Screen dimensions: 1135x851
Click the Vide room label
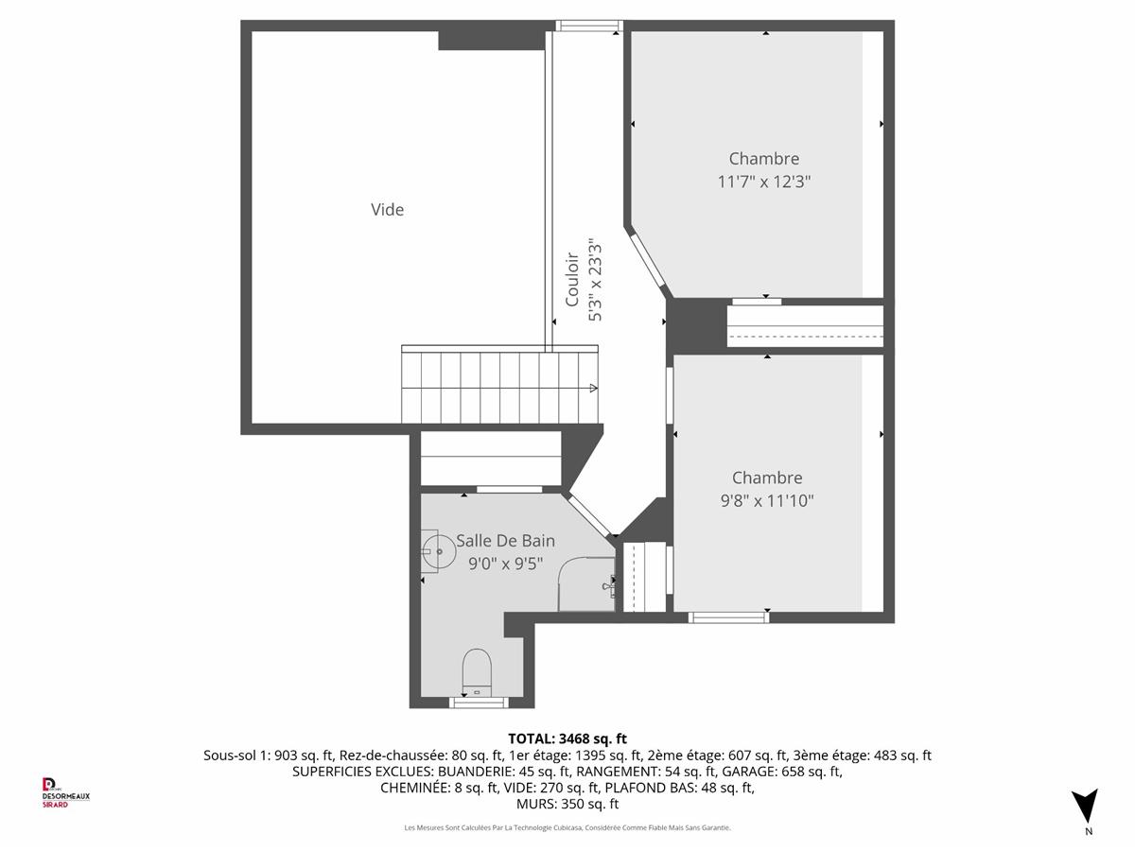(x=387, y=210)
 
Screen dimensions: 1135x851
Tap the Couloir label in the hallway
(x=571, y=279)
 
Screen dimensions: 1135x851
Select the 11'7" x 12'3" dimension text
(x=763, y=182)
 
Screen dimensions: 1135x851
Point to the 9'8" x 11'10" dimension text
(x=767, y=501)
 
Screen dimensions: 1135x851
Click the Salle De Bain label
(x=505, y=541)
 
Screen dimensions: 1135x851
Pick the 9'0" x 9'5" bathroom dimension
(x=505, y=564)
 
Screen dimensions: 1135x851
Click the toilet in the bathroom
(x=477, y=673)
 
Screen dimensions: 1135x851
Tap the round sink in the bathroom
(x=439, y=552)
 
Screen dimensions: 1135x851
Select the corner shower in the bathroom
(x=587, y=583)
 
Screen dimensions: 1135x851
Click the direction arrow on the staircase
(x=594, y=388)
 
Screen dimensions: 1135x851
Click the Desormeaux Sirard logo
(x=65, y=792)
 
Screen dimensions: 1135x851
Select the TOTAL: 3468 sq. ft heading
(x=567, y=738)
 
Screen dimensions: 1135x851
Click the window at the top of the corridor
(x=589, y=26)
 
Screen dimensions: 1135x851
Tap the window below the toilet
(x=479, y=703)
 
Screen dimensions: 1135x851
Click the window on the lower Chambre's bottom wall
(x=728, y=617)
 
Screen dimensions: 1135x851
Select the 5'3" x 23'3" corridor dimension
(x=596, y=280)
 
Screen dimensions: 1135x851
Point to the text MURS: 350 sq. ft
(x=567, y=804)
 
